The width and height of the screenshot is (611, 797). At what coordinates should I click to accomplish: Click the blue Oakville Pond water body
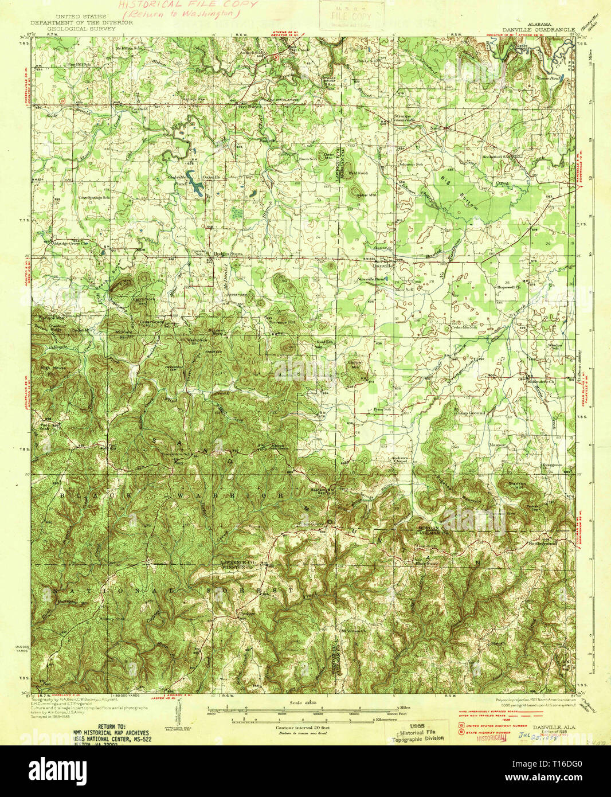(x=195, y=186)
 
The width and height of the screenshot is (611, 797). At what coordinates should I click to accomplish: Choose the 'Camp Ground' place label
(x=470, y=412)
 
